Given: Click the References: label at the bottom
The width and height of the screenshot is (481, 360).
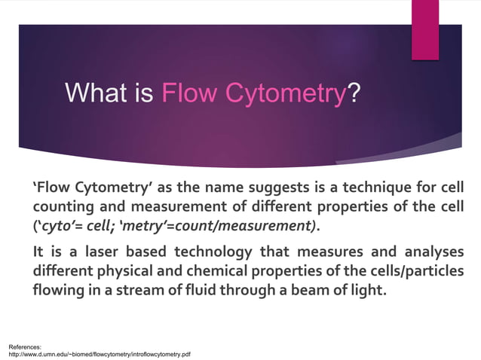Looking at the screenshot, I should (25, 345).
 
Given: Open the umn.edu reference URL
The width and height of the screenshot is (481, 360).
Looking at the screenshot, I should (99, 352).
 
